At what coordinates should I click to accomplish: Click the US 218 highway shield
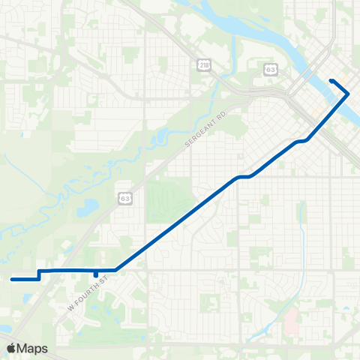[x=205, y=66]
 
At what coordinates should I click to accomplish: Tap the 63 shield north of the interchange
[x=271, y=69]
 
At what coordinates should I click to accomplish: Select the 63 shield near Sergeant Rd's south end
[x=125, y=198]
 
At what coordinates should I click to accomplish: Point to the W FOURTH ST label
[x=88, y=294]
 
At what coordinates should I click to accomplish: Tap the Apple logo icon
[x=12, y=348]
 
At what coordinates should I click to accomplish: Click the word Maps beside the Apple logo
[x=34, y=348]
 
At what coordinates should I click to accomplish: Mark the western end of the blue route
[x=12, y=279]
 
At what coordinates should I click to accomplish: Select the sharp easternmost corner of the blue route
[x=348, y=93]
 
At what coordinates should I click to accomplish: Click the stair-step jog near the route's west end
[x=39, y=274]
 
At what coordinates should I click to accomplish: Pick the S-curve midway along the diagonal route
[x=244, y=177]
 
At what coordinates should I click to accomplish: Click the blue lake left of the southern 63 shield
[x=91, y=206]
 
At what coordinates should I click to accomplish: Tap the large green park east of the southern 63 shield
[x=169, y=197]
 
